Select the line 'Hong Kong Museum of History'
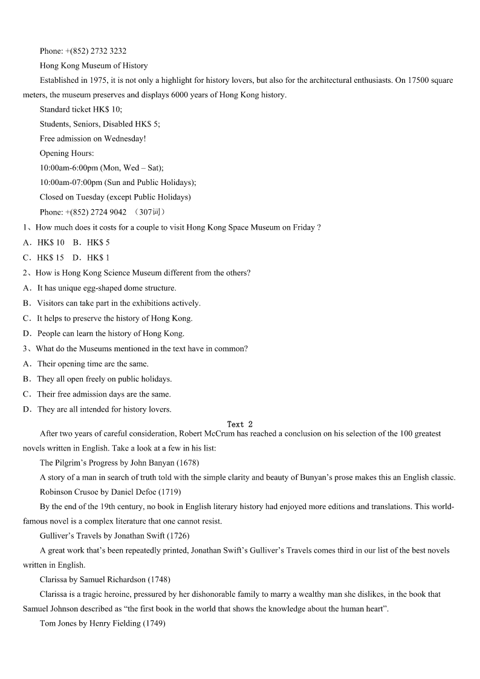point(94,65)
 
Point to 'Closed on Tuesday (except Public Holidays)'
point(115,197)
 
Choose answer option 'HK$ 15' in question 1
point(50,258)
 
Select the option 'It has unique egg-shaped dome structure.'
point(106,288)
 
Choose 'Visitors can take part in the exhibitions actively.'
point(118,304)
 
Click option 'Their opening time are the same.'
point(92,364)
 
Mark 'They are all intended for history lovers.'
point(104,409)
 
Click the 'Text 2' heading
point(240,424)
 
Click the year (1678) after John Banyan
point(187,463)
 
